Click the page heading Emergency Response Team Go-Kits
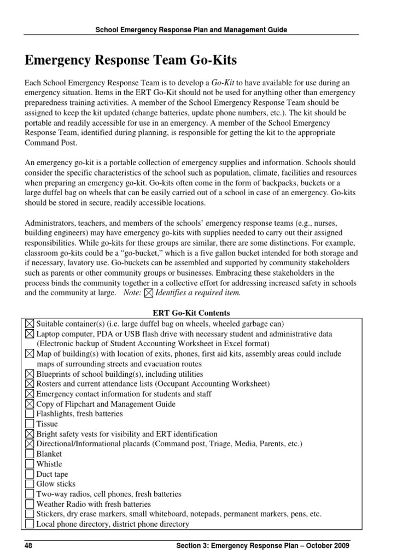point(131,60)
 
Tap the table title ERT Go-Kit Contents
point(190,313)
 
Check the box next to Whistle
point(30,464)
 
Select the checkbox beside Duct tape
point(30,474)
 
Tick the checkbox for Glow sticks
point(30,484)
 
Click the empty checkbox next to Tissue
point(30,424)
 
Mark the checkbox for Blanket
point(30,454)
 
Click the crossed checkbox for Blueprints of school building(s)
point(30,374)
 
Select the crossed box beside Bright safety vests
point(30,434)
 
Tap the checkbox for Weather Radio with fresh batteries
point(30,504)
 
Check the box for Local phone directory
point(30,524)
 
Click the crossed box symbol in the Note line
point(148,293)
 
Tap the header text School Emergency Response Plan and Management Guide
point(191,30)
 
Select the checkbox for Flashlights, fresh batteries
point(30,414)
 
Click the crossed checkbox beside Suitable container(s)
point(30,324)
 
